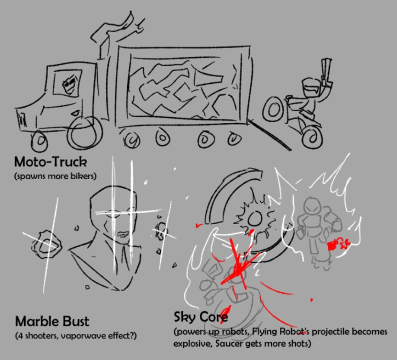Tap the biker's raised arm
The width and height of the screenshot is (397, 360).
(x=325, y=72)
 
